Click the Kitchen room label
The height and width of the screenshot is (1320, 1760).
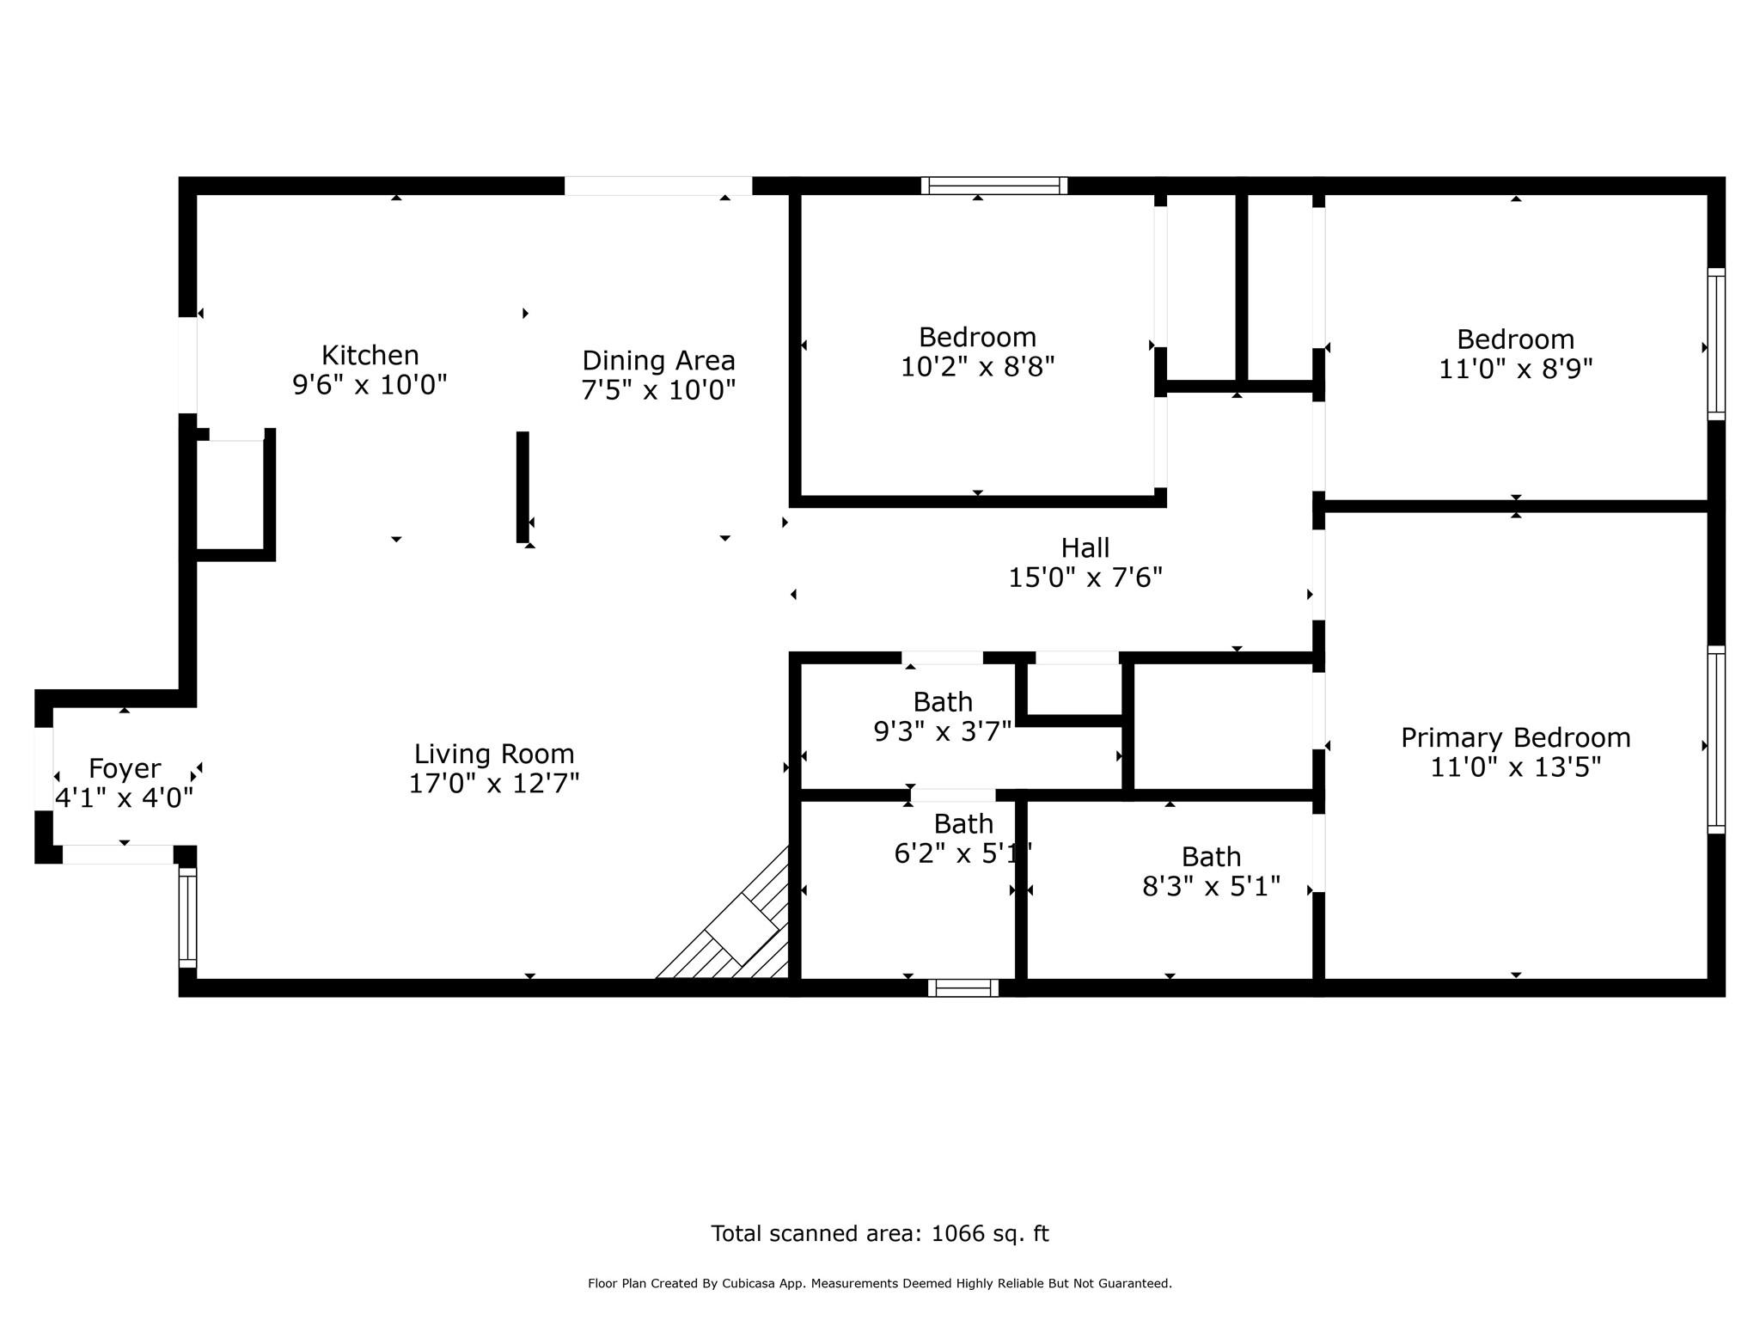point(370,355)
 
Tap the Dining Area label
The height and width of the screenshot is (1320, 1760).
point(658,360)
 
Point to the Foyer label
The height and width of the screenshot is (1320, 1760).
point(125,768)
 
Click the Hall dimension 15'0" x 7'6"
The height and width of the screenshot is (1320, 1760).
point(1085,577)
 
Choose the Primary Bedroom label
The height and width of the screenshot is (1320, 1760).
point(1516,737)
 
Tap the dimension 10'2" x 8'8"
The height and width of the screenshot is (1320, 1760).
point(977,367)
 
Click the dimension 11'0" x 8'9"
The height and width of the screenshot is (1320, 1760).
point(1516,370)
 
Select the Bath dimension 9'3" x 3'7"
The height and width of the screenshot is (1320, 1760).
point(943,731)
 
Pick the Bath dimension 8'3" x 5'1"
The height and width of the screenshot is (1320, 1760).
point(1211,886)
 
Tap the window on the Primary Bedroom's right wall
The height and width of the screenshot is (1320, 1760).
point(1715,740)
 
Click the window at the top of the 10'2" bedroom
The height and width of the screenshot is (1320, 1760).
point(994,186)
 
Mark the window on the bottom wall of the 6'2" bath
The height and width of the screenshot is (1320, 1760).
point(962,988)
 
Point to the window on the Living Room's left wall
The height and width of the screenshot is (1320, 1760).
point(187,918)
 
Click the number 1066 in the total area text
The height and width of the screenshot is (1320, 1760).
point(957,1234)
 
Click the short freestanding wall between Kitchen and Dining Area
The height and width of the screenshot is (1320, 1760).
point(522,487)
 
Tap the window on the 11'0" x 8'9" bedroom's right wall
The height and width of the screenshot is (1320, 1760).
point(1715,344)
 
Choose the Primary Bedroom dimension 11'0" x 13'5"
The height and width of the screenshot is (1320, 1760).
point(1516,767)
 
